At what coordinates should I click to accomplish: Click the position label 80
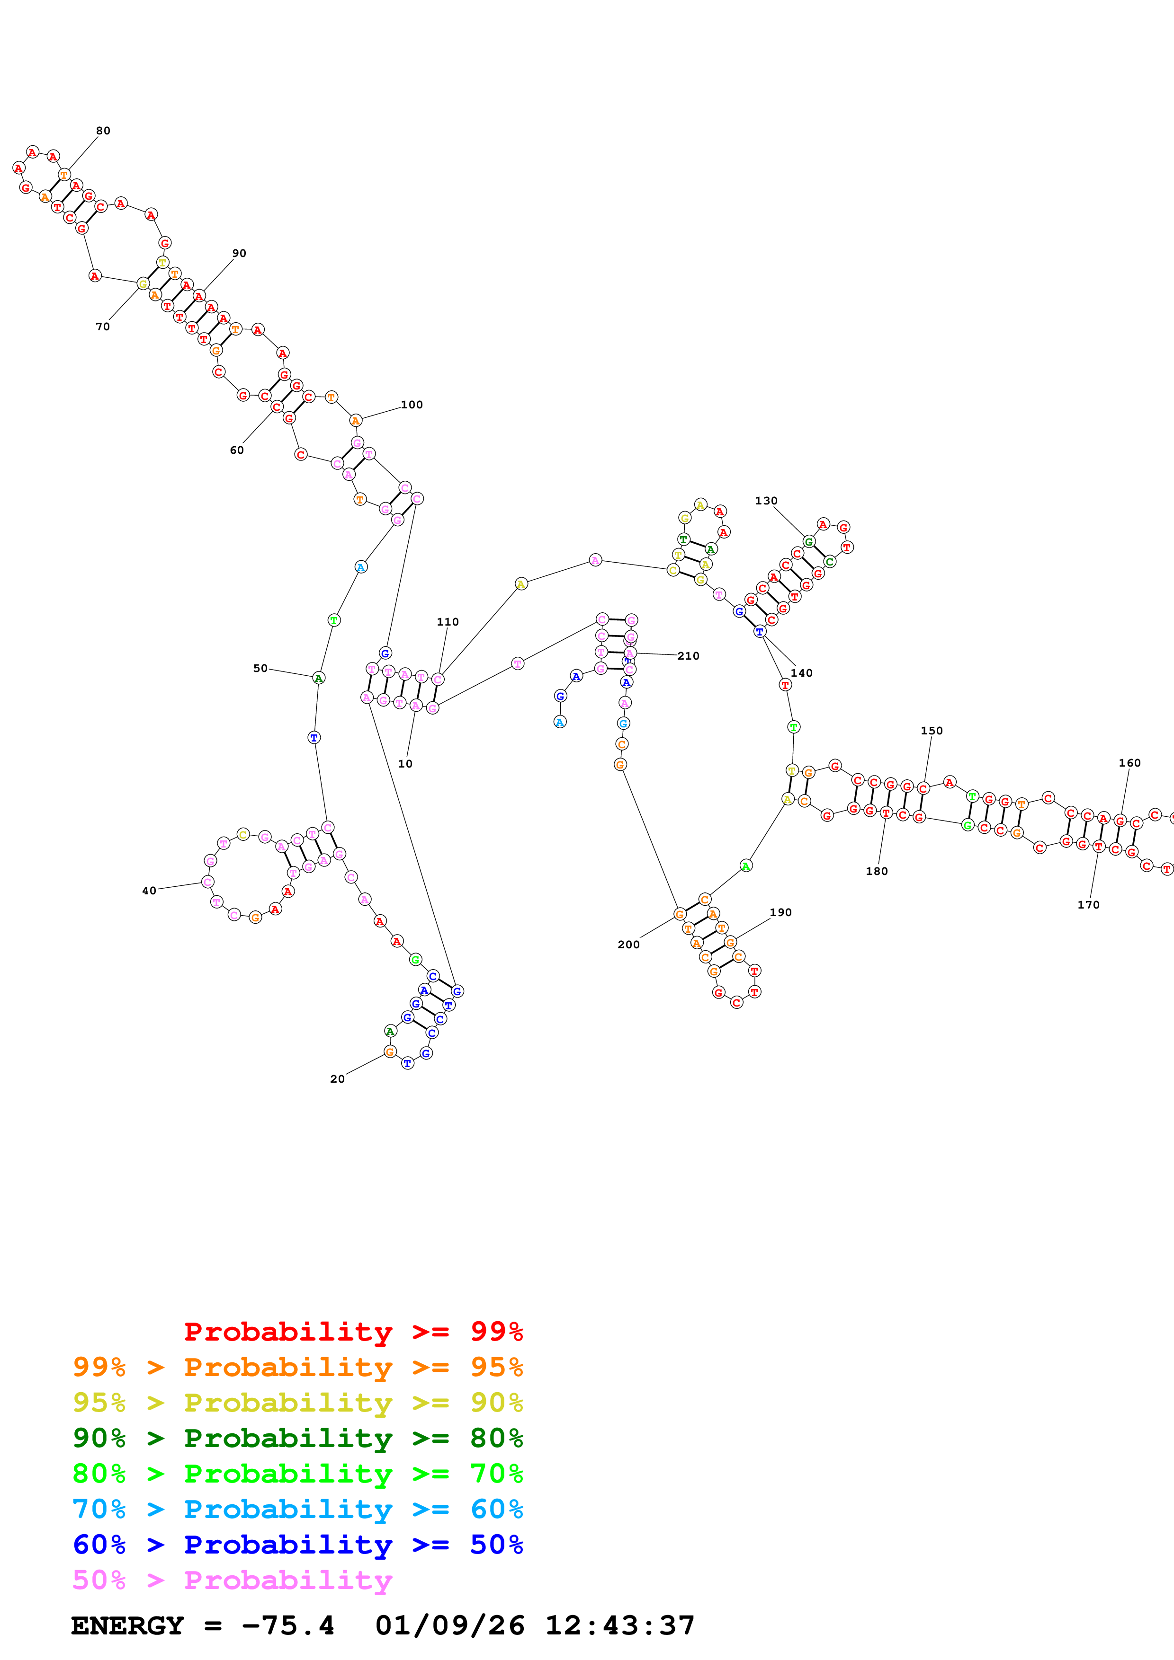tap(103, 131)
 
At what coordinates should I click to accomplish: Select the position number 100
tap(412, 405)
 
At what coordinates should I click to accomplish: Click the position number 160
tap(1129, 763)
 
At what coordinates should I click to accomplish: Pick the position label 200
tap(628, 944)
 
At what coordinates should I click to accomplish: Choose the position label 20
tap(337, 1079)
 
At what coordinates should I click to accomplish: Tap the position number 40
tap(149, 891)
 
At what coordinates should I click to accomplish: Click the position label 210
tap(688, 656)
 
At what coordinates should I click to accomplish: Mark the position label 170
tap(1088, 904)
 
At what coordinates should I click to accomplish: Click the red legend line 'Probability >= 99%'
tap(353, 1332)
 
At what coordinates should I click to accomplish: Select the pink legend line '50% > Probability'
tap(232, 1580)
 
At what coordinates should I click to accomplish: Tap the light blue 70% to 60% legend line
tap(297, 1509)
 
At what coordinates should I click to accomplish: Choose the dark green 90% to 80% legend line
tap(297, 1438)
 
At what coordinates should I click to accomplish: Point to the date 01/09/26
tap(449, 1625)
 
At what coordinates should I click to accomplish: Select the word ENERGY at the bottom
tap(127, 1625)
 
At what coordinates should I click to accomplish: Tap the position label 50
tap(260, 669)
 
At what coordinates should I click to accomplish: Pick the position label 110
tap(448, 622)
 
